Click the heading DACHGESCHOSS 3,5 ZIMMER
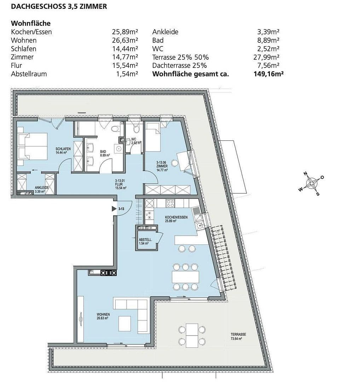(59, 6)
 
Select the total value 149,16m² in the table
(269, 74)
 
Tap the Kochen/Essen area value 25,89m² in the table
(125, 32)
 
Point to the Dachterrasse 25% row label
(179, 65)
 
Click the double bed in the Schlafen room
(33, 147)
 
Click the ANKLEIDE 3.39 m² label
(41, 190)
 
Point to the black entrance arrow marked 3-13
(114, 209)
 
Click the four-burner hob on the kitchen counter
(170, 203)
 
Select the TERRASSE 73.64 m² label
(238, 336)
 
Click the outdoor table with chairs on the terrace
(192, 335)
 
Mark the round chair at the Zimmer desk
(175, 163)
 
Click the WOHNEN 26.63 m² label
(103, 316)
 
